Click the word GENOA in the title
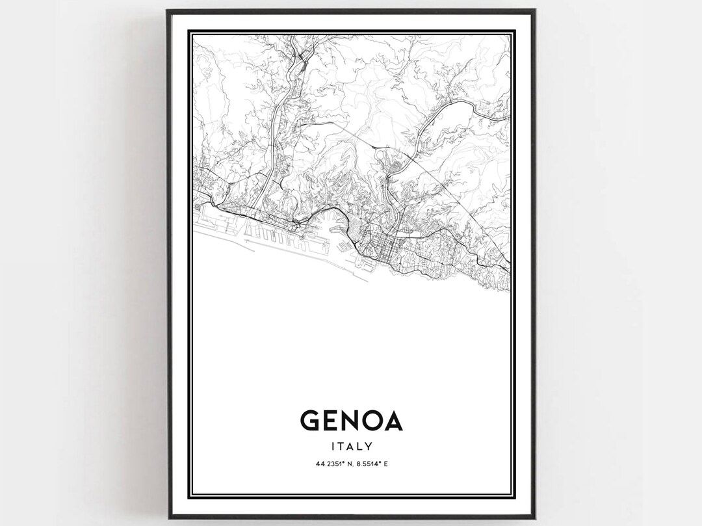click(x=352, y=421)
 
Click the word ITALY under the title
click(x=352, y=446)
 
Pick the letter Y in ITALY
click(x=369, y=446)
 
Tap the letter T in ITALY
click(x=343, y=446)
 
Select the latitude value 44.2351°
click(x=328, y=464)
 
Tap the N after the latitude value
click(x=347, y=464)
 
